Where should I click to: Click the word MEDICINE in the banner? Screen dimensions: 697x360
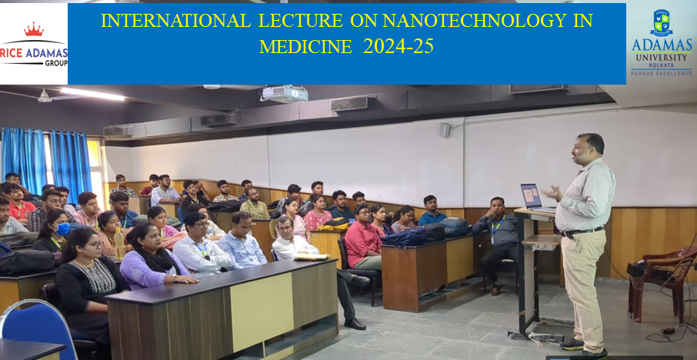click(x=306, y=47)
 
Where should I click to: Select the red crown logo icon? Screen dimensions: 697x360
click(x=34, y=30)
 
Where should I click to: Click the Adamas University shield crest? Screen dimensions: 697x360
click(x=662, y=22)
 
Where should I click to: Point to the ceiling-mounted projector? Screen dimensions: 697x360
click(x=285, y=93)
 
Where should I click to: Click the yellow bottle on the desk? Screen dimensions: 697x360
click(x=119, y=244)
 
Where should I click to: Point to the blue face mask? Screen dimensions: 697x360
click(x=62, y=229)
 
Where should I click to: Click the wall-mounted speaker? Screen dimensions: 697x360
click(x=445, y=130)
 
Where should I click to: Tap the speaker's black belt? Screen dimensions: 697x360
click(x=582, y=231)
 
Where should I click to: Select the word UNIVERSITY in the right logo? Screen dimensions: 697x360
click(x=662, y=58)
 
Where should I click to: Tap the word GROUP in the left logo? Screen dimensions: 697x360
click(x=56, y=64)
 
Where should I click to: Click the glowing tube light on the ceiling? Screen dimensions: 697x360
click(x=92, y=93)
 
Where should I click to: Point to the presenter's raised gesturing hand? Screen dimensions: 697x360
click(x=553, y=192)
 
